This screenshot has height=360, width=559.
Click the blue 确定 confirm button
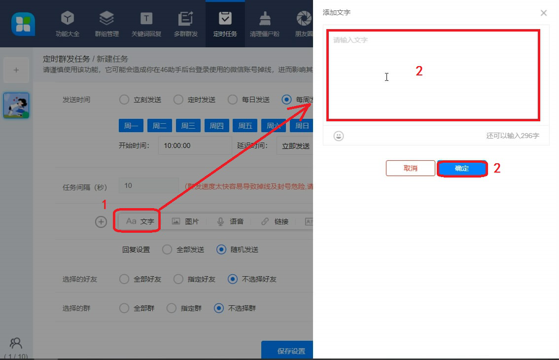462,169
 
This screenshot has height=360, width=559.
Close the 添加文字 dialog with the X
543,13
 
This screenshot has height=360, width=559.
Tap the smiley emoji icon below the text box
339,136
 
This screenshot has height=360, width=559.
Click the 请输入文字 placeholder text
350,40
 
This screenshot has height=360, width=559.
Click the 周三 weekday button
188,126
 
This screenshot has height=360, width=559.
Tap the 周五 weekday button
245,126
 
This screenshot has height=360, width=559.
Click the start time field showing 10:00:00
195,146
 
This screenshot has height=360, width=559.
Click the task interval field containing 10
148,186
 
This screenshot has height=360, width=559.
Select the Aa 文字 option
140,221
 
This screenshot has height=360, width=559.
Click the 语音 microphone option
230,221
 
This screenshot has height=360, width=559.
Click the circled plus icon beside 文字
101,222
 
